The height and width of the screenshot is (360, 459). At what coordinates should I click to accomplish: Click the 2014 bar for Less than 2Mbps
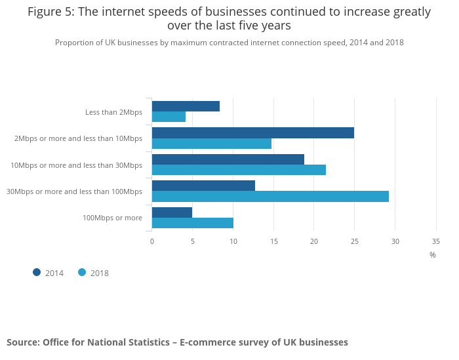pyautogui.click(x=186, y=106)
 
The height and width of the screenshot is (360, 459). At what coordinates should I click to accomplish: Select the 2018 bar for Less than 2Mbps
pyautogui.click(x=169, y=117)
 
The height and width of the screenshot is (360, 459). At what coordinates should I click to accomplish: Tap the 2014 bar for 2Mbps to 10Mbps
pyautogui.click(x=252, y=132)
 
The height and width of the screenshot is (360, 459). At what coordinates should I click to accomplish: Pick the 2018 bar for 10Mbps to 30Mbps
pyautogui.click(x=239, y=170)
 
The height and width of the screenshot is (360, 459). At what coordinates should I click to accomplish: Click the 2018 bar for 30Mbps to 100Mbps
pyautogui.click(x=270, y=196)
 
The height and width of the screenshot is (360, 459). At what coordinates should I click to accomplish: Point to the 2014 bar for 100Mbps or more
pyautogui.click(x=172, y=212)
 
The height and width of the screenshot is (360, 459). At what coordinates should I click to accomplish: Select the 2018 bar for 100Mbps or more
pyautogui.click(x=193, y=223)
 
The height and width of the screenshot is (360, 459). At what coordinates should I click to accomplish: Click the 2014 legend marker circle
pyautogui.click(x=37, y=272)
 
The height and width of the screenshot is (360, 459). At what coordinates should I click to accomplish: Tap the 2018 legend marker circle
pyautogui.click(x=82, y=272)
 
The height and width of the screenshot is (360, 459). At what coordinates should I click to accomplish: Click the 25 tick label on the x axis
pyautogui.click(x=354, y=242)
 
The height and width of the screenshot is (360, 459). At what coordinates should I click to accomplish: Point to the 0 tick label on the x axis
pyautogui.click(x=152, y=242)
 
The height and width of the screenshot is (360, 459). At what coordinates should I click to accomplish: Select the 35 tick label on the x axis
pyautogui.click(x=436, y=242)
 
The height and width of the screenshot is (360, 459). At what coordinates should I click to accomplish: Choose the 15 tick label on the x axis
pyautogui.click(x=273, y=242)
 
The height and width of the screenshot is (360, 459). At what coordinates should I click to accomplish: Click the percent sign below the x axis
pyautogui.click(x=433, y=255)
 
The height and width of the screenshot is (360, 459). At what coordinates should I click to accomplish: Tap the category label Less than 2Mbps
pyautogui.click(x=113, y=112)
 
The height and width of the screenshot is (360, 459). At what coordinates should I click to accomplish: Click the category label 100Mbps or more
pyautogui.click(x=112, y=218)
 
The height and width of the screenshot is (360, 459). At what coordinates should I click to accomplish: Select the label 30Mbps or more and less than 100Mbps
pyautogui.click(x=74, y=191)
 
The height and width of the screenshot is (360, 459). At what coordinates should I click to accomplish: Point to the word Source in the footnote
pyautogui.click(x=23, y=342)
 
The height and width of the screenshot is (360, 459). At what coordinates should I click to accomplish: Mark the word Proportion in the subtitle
pyautogui.click(x=74, y=43)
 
